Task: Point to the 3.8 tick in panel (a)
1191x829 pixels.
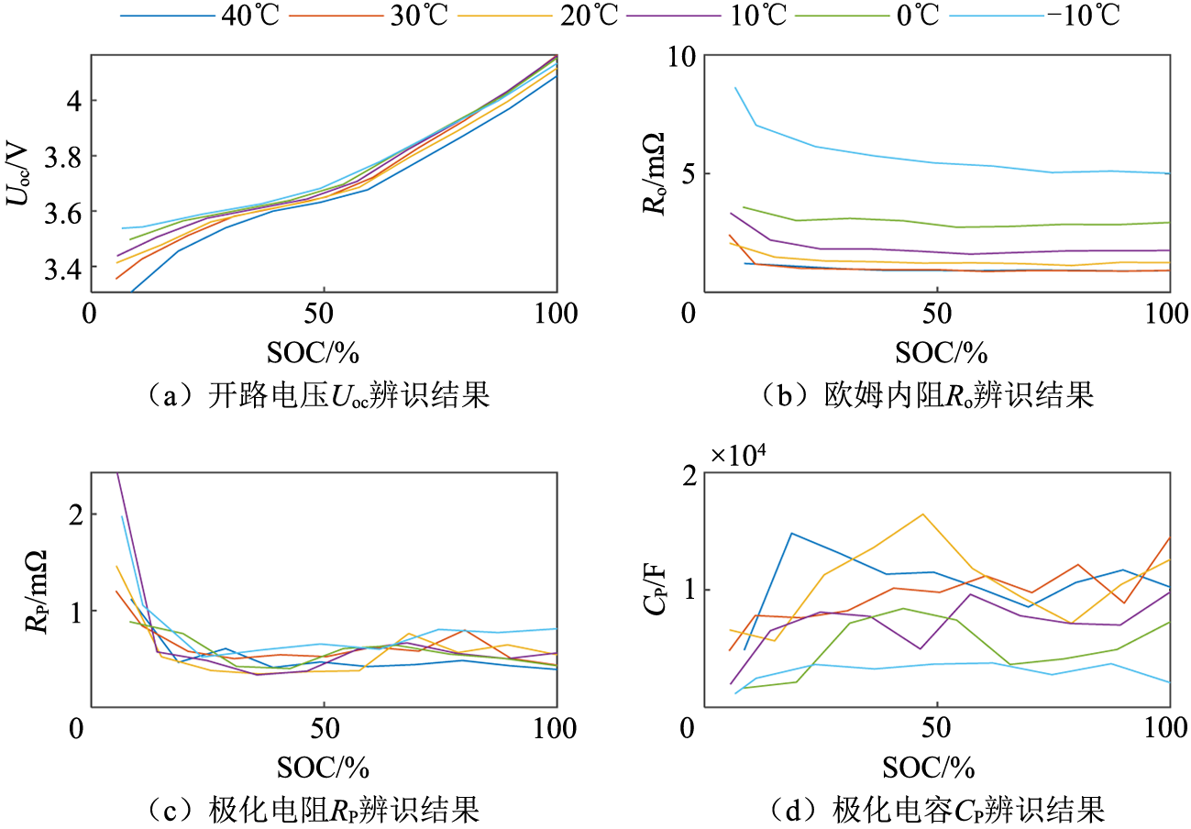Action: tap(55, 156)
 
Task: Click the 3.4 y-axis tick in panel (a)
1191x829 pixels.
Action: tap(55, 268)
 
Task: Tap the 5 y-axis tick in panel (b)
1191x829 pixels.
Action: tap(687, 173)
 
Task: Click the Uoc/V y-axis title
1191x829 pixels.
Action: tap(19, 173)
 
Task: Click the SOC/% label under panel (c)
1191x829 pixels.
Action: tap(324, 766)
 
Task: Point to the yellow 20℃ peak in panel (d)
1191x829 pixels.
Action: tap(921, 514)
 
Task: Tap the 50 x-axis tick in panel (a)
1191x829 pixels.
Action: tap(324, 314)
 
